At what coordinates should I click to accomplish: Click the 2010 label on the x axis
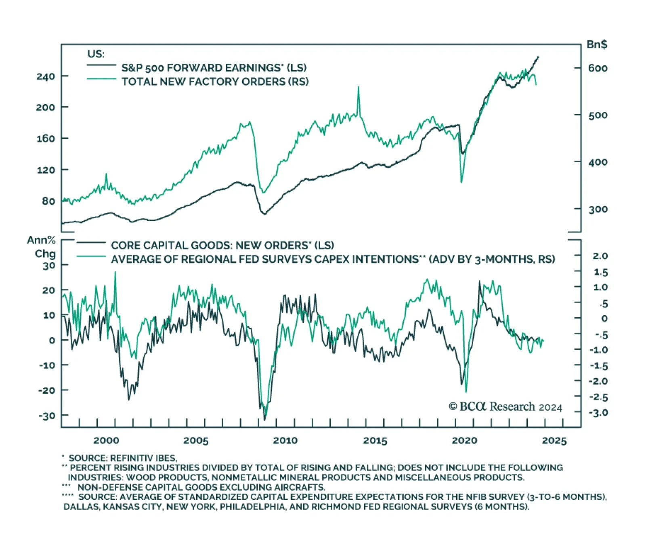point(285,440)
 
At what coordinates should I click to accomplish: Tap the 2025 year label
point(554,440)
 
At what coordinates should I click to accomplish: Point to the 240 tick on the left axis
point(46,76)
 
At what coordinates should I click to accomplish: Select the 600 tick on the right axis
point(598,68)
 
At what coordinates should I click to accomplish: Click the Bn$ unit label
point(597,44)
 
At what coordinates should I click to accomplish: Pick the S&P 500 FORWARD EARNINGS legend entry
point(214,68)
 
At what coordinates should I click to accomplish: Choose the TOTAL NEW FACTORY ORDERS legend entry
point(215,82)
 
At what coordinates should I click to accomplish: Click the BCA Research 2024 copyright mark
point(505,406)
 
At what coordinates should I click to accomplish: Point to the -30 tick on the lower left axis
point(46,415)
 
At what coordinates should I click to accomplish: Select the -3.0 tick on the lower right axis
point(598,413)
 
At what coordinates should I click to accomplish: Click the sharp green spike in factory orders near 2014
point(358,87)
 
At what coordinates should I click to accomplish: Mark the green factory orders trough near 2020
point(461,182)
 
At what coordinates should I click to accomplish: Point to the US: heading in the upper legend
point(96,54)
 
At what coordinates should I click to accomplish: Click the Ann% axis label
point(41,240)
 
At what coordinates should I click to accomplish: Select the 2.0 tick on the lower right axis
point(600,256)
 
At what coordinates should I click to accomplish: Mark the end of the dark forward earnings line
point(538,57)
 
